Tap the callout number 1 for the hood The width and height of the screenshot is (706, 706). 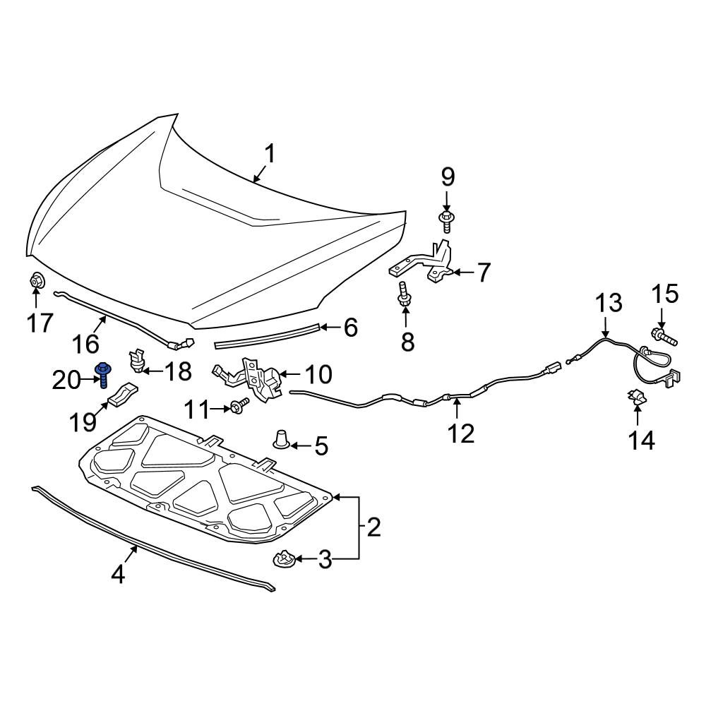[269, 154]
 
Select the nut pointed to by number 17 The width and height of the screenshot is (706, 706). [35, 281]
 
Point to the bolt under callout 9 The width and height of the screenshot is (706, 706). [446, 221]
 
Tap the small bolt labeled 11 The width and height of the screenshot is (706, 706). [239, 406]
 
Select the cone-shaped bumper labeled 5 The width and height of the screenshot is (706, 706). [282, 439]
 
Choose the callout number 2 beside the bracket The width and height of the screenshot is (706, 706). [373, 527]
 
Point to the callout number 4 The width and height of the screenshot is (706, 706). [118, 575]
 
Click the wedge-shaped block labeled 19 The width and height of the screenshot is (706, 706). [124, 395]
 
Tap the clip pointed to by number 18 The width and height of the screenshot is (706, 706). [136, 361]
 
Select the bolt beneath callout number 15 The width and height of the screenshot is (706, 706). [664, 336]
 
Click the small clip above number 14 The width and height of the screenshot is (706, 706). [635, 397]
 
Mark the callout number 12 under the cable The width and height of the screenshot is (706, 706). [460, 433]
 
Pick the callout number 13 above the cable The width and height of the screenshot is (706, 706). [609, 302]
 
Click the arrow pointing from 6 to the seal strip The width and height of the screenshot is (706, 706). [330, 327]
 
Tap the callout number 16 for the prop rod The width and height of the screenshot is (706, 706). [85, 344]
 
